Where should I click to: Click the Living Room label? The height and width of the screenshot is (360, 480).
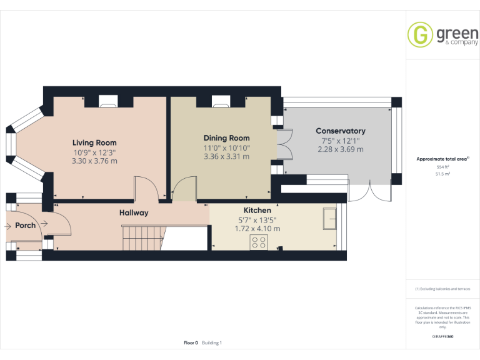point(94,142)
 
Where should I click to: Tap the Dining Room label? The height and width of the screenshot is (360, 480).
point(226,138)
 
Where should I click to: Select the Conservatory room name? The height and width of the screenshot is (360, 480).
point(340,131)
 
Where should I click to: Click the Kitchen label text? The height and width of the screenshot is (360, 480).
point(257,211)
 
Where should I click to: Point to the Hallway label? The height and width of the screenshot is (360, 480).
point(134,213)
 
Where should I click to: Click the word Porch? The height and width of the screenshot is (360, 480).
point(25,225)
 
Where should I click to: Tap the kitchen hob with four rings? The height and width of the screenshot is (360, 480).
point(259,242)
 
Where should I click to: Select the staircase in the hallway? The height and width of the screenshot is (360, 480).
point(142,238)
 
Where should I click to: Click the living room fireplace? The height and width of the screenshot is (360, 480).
point(108,101)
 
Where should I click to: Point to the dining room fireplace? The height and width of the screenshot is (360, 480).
point(221,101)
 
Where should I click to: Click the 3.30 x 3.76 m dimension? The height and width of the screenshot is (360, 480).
point(94,161)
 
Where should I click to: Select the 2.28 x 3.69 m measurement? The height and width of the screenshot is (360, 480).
point(340,149)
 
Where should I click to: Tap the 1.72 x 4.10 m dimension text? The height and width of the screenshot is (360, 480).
point(257,229)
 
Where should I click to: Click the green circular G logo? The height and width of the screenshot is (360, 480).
point(420,34)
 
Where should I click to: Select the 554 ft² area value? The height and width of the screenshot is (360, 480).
point(442,167)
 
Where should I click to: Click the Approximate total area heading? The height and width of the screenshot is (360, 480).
point(442,159)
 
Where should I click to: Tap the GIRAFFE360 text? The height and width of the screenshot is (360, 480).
point(442,337)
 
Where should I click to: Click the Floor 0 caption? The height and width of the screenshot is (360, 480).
point(191,342)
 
